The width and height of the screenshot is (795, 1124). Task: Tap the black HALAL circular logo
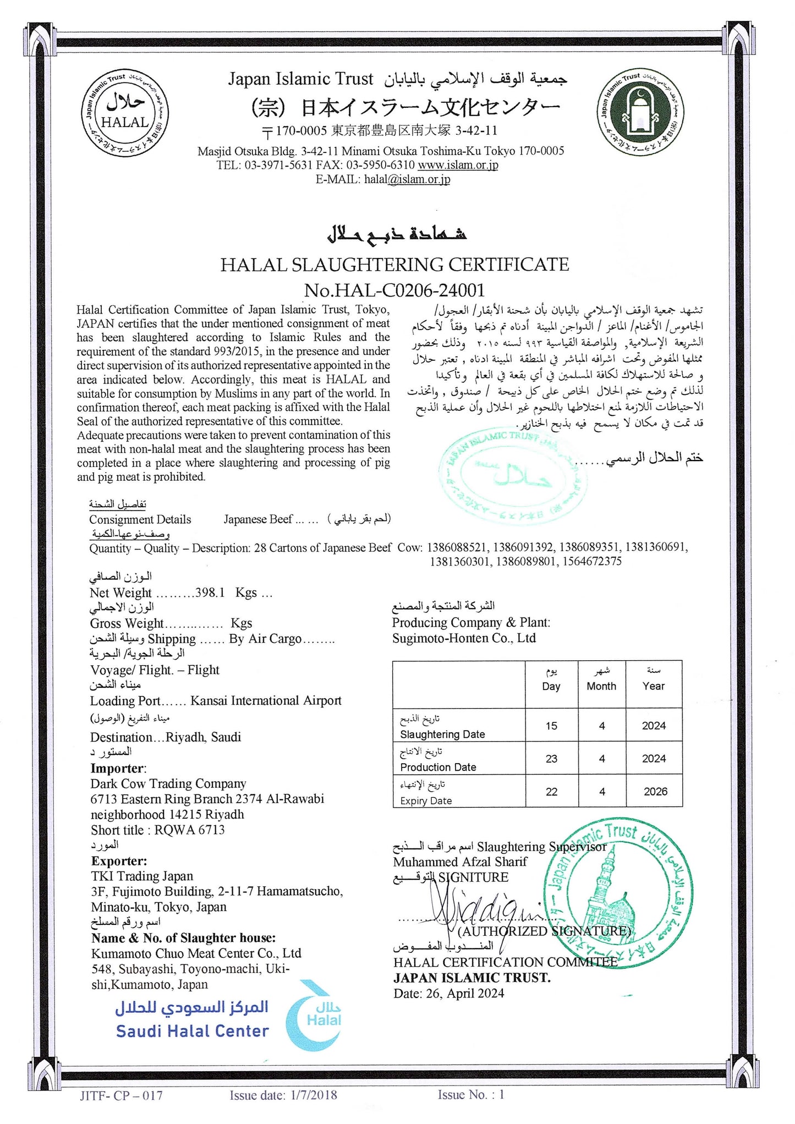point(125,114)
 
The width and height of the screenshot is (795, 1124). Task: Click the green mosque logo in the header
point(641,114)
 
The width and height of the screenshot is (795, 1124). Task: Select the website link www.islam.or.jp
point(458,165)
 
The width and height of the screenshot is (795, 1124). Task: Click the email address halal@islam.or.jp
point(407,179)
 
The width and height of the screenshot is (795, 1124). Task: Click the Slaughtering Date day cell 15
point(551,726)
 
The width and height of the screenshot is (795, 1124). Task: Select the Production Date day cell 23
point(551,759)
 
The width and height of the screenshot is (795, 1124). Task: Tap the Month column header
point(601,686)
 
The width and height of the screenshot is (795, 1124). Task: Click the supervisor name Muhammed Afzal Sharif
point(460,862)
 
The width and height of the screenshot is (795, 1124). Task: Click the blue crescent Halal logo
point(316,1015)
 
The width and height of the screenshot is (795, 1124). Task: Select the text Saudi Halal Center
point(192,1031)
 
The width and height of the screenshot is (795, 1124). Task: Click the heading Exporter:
point(119,861)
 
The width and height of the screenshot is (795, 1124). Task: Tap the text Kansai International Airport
point(266,700)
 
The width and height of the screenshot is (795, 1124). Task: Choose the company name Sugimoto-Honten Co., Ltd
point(464,638)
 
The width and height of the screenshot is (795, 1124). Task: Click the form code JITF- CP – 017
point(121,1095)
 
